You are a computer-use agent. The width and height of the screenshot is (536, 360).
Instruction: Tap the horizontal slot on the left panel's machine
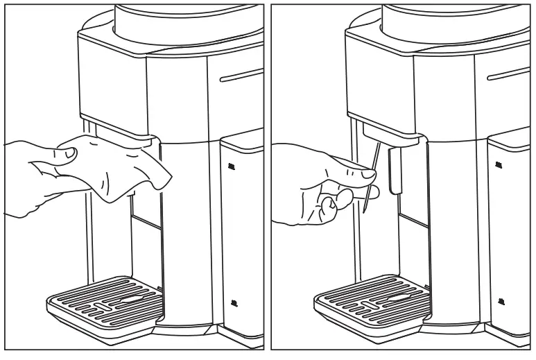pos(241,75)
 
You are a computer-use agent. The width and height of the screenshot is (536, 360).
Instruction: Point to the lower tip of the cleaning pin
pos(363,211)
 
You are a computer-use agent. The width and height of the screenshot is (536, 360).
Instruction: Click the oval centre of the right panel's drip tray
pos(395,298)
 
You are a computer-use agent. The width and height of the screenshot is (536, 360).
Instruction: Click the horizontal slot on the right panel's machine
pos(510,75)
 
